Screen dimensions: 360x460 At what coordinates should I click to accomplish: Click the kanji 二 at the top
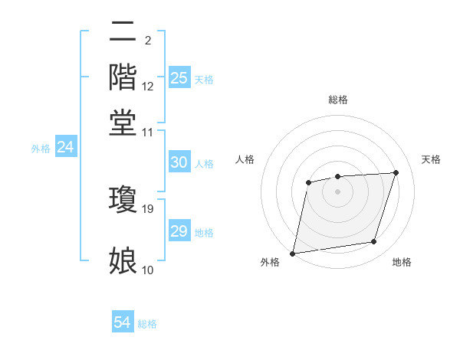123,32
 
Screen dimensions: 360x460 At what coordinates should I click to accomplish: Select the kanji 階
123,77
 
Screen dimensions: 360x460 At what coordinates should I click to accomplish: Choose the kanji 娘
123,261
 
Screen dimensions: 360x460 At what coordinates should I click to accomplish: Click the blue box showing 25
179,77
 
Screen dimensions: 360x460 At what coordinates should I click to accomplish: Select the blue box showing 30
179,162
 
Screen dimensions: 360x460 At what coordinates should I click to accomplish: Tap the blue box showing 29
179,231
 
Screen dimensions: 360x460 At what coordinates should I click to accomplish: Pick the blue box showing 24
65,148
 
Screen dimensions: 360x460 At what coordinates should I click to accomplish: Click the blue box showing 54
123,322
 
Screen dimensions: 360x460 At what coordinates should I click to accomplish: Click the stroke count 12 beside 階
149,86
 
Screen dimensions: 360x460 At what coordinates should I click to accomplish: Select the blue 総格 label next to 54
147,324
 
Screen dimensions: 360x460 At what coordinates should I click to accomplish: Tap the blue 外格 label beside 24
41,149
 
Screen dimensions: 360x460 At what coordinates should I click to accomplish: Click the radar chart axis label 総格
337,100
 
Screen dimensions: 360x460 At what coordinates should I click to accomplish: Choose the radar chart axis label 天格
431,159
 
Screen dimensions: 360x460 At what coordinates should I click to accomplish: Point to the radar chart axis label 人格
245,159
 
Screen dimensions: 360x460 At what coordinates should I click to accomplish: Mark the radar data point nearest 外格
293,253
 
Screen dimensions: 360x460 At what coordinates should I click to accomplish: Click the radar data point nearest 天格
396,172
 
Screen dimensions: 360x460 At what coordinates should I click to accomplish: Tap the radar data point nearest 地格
374,242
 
